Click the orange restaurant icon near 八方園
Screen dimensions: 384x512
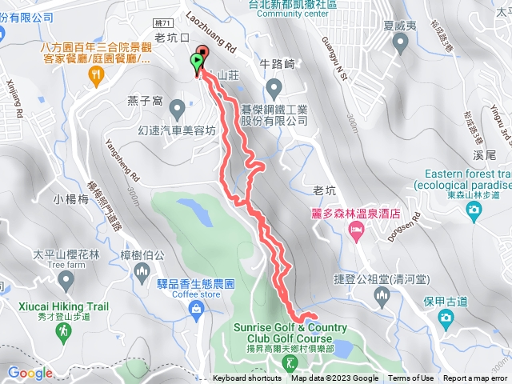click(x=97, y=75)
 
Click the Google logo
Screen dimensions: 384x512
click(x=30, y=373)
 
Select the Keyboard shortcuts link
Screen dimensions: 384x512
click(x=246, y=378)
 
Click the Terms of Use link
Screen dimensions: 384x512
click(x=411, y=378)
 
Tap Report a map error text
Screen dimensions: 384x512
click(x=475, y=378)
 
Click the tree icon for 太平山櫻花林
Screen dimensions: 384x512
click(x=66, y=279)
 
